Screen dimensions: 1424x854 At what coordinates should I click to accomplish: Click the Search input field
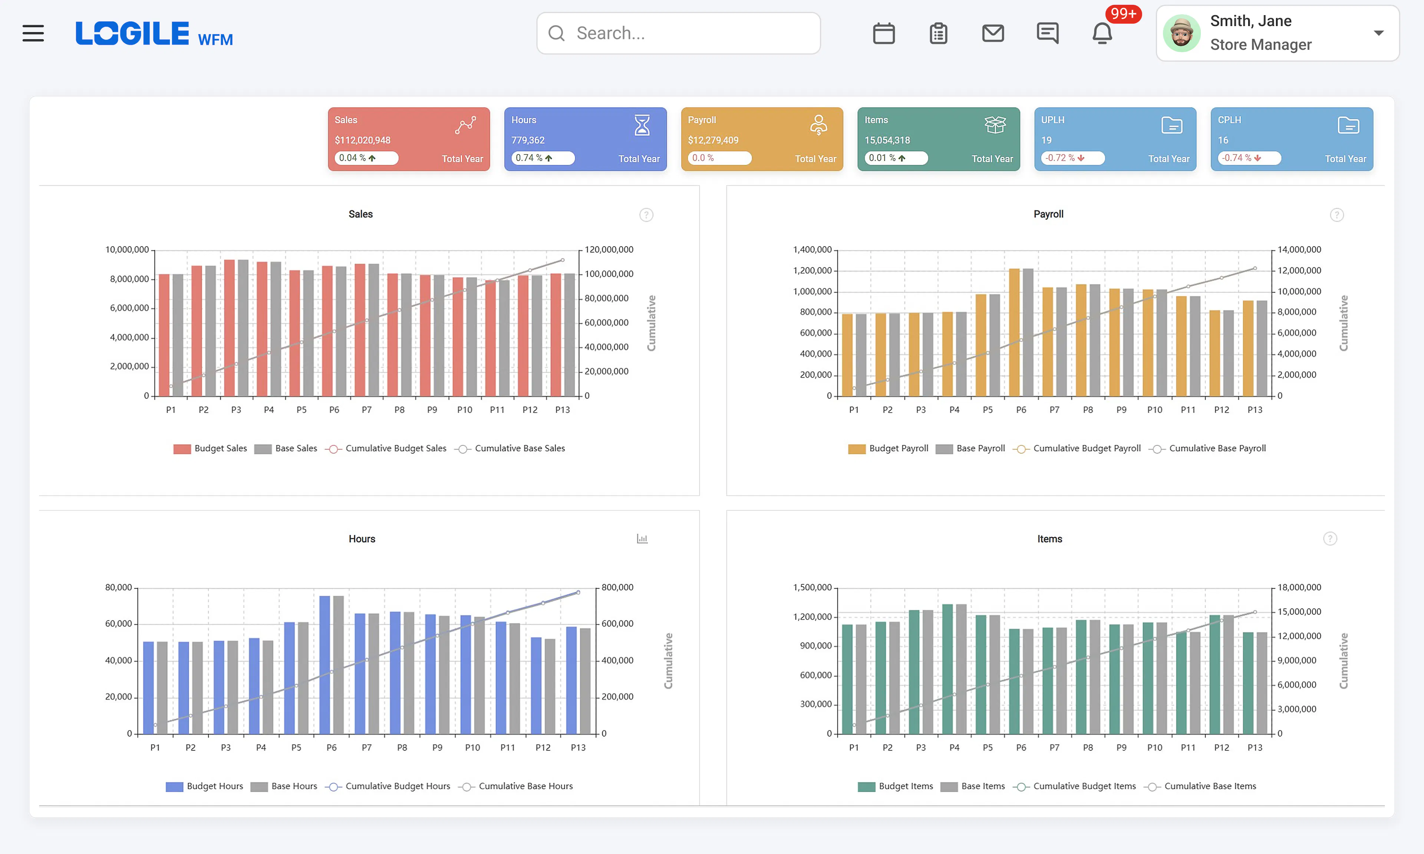678,33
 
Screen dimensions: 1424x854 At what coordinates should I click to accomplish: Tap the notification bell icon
1102,33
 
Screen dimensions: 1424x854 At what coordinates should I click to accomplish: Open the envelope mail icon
993,33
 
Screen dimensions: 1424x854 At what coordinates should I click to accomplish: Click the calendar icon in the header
884,33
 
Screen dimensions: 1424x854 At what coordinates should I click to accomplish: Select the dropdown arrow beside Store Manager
1378,33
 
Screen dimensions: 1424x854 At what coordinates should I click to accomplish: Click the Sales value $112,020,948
363,140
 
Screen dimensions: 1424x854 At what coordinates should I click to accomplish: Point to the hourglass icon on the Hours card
642,125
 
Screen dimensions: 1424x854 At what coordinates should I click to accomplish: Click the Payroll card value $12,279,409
713,140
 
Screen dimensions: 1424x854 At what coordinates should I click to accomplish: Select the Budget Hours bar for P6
324,665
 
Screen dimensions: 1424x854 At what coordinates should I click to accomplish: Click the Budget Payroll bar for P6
1014,332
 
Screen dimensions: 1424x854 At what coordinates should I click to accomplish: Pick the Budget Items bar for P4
947,669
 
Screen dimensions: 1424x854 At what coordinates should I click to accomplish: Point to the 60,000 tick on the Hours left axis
119,624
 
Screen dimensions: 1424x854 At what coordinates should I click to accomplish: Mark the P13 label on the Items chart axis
1255,748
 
